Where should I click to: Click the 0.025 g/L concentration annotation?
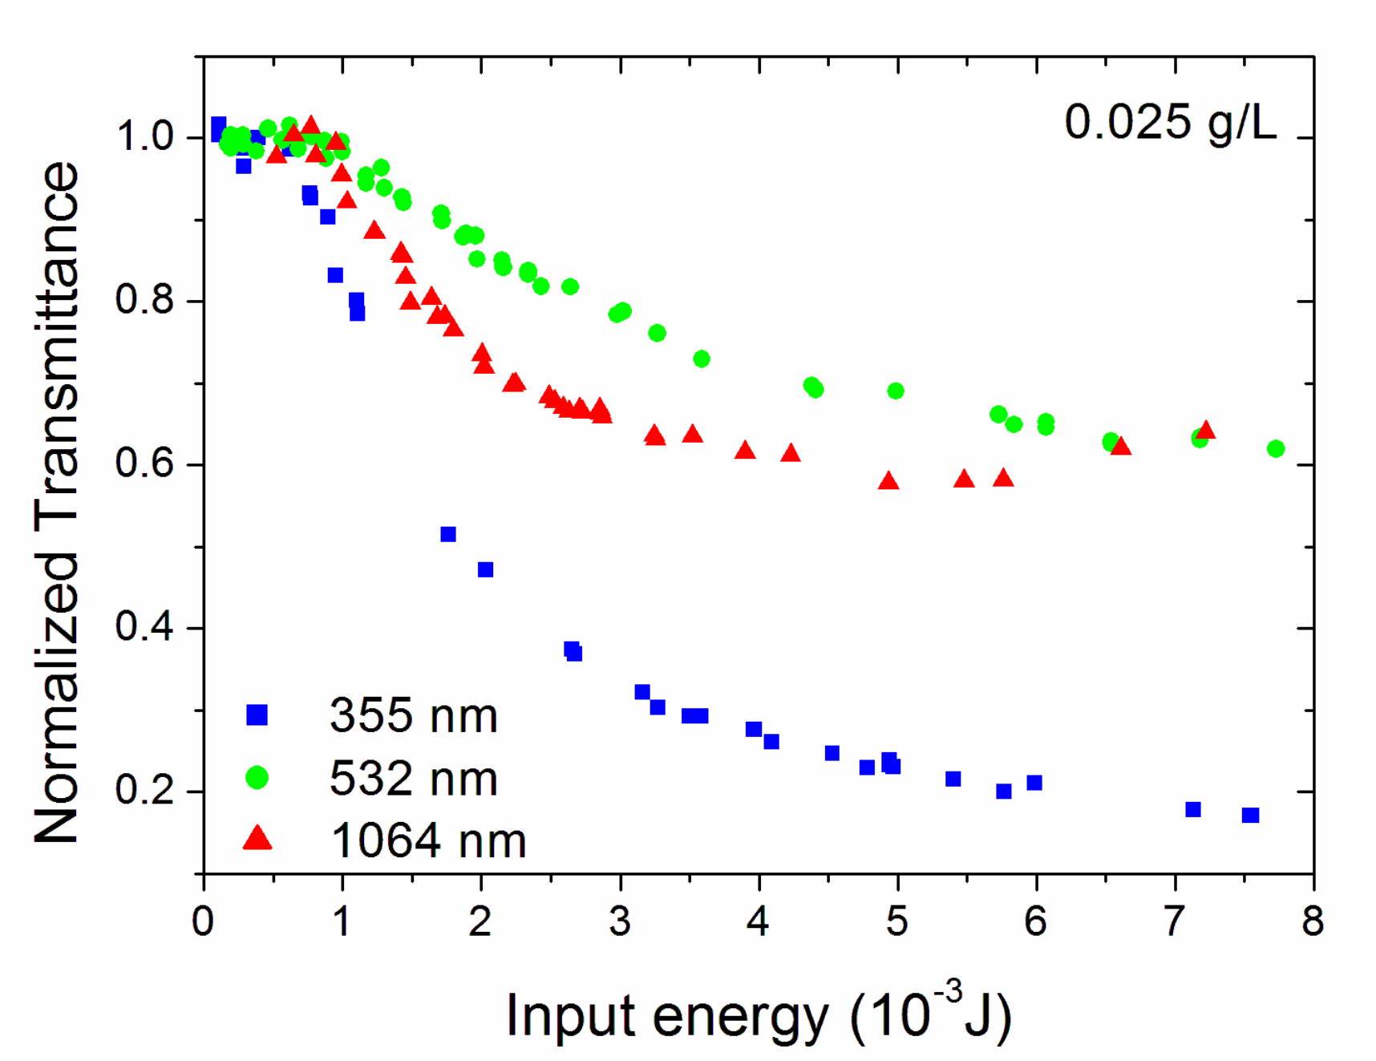coord(1170,124)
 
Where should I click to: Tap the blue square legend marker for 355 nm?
coord(257,715)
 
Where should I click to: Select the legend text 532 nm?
coord(413,778)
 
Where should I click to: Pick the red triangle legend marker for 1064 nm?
coord(257,839)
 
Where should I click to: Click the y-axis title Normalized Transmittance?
coord(58,502)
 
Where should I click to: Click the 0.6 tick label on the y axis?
coord(144,464)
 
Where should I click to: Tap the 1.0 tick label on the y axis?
coord(144,136)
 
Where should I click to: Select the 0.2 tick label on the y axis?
coord(144,790)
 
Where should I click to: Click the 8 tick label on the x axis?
coord(1312,921)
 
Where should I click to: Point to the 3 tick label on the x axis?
coord(619,921)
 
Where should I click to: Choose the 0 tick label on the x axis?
coord(203,921)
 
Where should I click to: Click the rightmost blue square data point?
coord(1250,815)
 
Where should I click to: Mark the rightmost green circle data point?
coord(1276,448)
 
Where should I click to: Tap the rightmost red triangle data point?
coord(1205,431)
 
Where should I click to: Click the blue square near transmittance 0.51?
coord(448,534)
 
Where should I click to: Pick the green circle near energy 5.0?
coord(896,391)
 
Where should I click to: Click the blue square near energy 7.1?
coord(1193,809)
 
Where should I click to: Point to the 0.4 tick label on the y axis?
coord(144,626)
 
